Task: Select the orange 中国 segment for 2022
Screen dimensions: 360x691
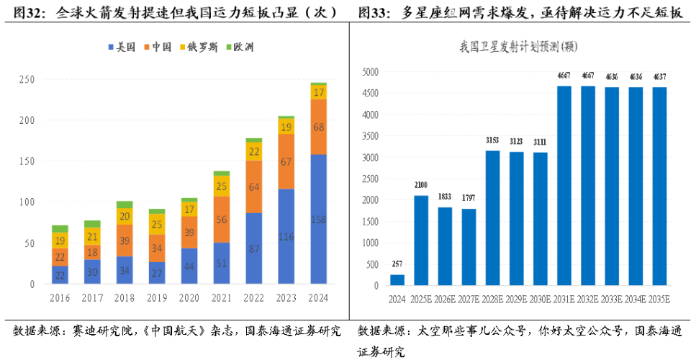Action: (x=253, y=186)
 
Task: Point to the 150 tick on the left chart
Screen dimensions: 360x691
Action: (x=27, y=162)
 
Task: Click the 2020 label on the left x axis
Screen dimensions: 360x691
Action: (x=189, y=297)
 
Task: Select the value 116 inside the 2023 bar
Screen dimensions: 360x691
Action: (x=286, y=237)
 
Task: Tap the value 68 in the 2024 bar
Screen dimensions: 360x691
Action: (x=319, y=127)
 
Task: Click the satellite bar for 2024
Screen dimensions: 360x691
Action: (x=397, y=279)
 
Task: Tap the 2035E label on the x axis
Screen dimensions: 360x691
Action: (x=660, y=297)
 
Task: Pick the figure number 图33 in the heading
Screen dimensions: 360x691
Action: (x=371, y=12)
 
